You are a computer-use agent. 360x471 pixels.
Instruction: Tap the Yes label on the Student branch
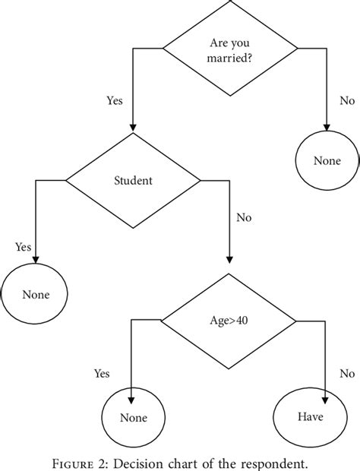click(24, 247)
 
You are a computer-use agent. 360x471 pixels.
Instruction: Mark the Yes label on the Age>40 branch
click(102, 373)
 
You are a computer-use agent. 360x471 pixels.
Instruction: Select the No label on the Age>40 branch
click(347, 373)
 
